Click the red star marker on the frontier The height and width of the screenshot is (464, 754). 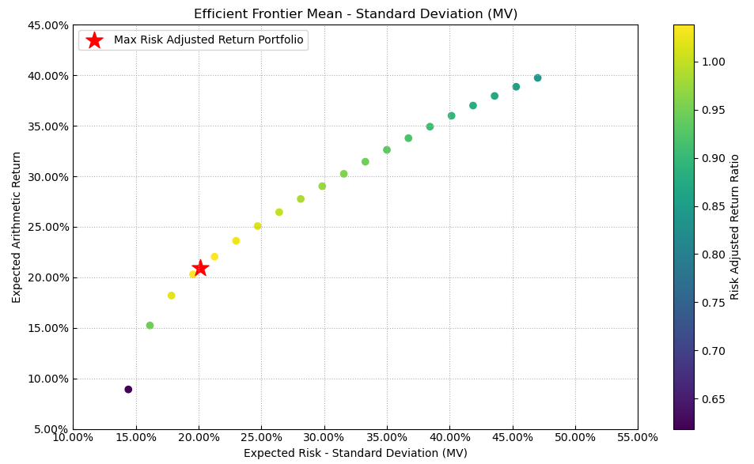point(200,268)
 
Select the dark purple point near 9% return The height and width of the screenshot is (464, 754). point(128,390)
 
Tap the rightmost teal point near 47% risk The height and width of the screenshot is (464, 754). point(537,78)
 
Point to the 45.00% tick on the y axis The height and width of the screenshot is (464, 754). point(47,25)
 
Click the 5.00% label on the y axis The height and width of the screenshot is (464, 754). point(50,429)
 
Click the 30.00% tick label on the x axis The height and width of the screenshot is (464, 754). point(324,437)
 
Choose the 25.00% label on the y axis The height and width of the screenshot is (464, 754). point(47,228)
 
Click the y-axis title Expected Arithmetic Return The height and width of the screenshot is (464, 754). point(17,227)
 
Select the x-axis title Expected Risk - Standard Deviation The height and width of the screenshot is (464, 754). point(355,453)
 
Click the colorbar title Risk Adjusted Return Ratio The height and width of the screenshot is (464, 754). point(735,227)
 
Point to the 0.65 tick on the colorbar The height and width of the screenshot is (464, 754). point(713,399)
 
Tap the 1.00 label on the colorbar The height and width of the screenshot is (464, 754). point(713,62)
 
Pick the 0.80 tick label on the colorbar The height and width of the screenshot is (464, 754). point(713,255)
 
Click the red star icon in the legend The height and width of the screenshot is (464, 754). point(94,40)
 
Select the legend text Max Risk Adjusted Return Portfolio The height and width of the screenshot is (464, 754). point(208,40)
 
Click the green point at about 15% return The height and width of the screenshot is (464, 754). point(150,326)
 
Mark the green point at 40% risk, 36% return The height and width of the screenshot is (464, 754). point(451,116)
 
